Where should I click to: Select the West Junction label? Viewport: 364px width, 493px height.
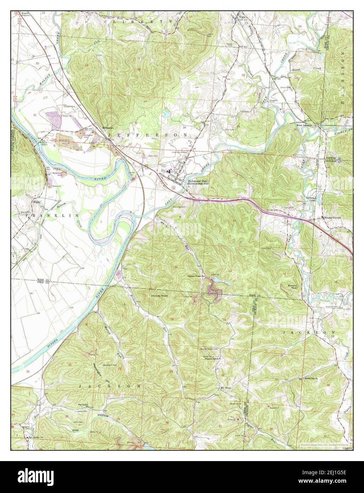coord(304,125)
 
